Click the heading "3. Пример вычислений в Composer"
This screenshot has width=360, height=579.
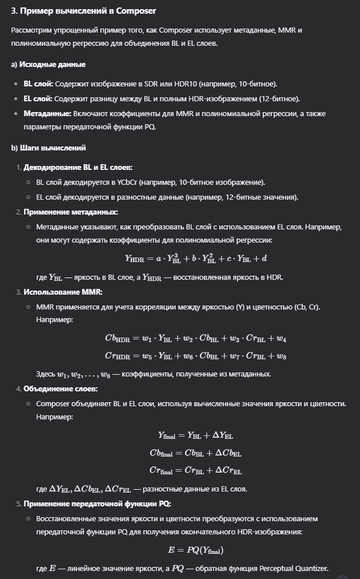[84, 11]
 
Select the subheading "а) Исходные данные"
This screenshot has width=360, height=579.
[49, 65]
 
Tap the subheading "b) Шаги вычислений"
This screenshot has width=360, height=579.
[49, 148]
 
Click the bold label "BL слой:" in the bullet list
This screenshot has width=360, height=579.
[38, 84]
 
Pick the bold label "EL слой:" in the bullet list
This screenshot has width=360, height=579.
[38, 98]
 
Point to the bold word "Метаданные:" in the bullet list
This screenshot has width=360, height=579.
[48, 113]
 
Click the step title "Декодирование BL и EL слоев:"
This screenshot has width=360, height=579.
[78, 167]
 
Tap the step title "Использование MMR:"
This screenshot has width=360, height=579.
[62, 292]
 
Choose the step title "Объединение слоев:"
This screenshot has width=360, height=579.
[61, 388]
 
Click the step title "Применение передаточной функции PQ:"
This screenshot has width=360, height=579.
[97, 503]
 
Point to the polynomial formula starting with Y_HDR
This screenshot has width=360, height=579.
[196, 258]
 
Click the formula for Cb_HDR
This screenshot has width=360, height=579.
[196, 338]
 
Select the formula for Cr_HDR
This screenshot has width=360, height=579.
[196, 356]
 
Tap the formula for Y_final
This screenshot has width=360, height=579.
[196, 435]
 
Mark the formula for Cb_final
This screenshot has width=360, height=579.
[196, 453]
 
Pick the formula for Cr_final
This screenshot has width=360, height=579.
[196, 471]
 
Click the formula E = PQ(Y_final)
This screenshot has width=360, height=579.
[196, 550]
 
